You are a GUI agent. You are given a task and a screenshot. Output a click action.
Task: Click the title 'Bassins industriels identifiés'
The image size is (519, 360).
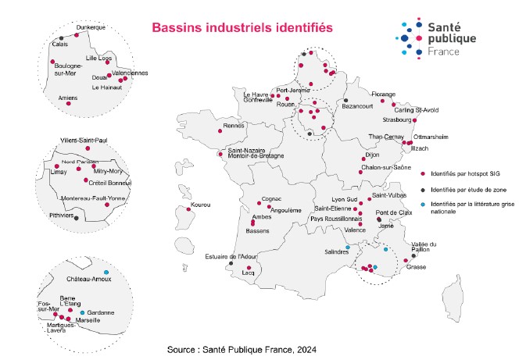[x=242, y=27]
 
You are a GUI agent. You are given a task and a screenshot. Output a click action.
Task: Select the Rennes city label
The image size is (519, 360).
[x=234, y=125]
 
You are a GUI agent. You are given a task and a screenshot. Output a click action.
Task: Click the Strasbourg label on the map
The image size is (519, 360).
[x=398, y=120]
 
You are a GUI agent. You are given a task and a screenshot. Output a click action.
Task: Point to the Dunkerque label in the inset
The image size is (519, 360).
[x=91, y=28]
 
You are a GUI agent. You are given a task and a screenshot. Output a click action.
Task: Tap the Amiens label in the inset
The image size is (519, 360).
[x=56, y=98]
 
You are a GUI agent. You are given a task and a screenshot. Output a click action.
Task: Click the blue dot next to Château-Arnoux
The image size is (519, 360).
[x=106, y=271]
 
